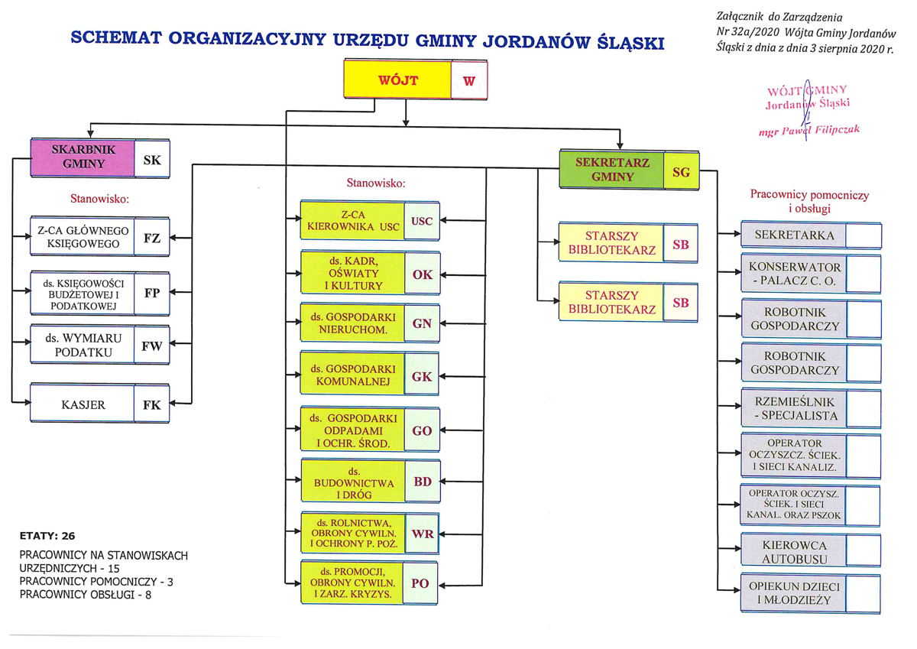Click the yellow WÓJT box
pos(397,80)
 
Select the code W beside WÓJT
pos(468,80)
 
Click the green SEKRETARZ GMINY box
pos(611,170)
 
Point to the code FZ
pos(151,237)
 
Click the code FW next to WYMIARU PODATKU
pos(151,345)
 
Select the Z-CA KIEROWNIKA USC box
pos(352,221)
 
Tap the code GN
pos(422,323)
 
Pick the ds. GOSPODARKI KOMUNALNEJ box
pos(352,376)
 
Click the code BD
pos(422,482)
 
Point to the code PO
pos(420,583)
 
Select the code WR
pos(422,534)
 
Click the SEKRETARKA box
pos(794,235)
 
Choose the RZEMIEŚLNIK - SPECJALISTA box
pos(794,409)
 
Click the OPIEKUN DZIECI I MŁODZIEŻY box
pos(794,593)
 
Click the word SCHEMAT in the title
pos(115,38)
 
